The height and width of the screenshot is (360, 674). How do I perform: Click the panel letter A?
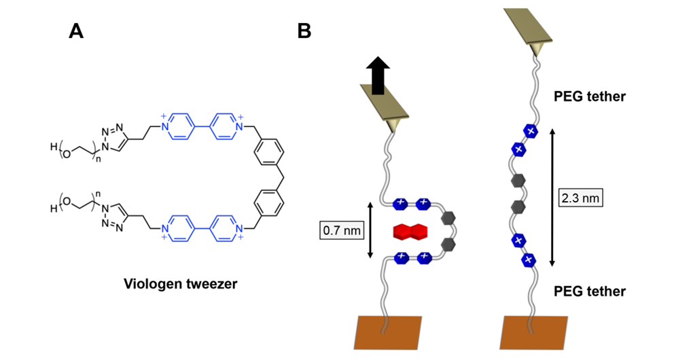(x=76, y=31)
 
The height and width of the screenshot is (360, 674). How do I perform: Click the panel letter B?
(x=304, y=31)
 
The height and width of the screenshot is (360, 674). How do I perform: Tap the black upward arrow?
(x=378, y=75)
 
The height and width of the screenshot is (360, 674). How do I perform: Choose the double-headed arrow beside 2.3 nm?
(x=551, y=198)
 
